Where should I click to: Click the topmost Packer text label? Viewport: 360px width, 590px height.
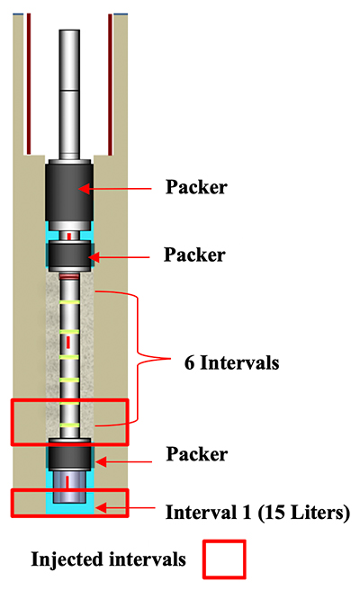196,187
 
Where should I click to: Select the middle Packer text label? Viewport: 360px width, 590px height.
194,255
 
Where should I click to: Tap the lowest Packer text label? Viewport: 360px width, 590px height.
197,454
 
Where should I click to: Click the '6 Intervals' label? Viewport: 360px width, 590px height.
231,362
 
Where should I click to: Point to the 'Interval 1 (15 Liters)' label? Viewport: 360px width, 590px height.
258,512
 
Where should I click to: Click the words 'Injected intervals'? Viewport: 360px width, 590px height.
109,559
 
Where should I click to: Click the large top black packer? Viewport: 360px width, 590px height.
69,192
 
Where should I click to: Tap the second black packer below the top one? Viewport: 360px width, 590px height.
69,255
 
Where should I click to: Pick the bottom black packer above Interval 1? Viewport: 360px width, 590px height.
69,456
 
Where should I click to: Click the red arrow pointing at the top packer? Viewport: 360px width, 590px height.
115,189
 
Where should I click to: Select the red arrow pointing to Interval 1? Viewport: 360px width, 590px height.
124,507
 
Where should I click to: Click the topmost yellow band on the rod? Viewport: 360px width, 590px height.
69,302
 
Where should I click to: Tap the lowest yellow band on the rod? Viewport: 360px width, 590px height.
69,425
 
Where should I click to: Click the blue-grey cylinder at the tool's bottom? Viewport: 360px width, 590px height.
69,487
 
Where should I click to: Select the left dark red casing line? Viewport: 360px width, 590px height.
29,84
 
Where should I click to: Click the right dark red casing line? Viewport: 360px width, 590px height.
111,85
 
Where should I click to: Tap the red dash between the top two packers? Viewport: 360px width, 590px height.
69,237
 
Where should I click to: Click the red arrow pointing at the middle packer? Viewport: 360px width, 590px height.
119,257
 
